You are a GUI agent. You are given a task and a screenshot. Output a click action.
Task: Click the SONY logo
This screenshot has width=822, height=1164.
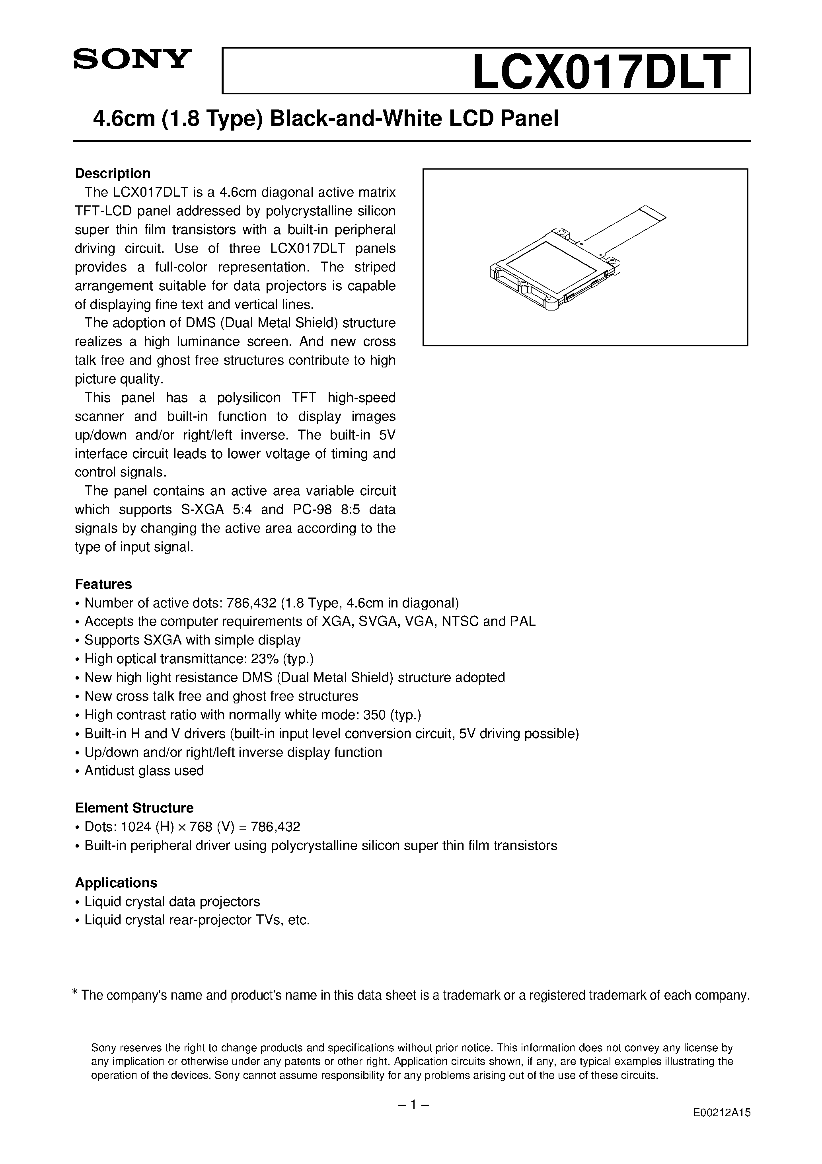tap(132, 59)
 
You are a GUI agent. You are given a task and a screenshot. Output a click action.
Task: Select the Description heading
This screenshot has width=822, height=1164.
tap(113, 174)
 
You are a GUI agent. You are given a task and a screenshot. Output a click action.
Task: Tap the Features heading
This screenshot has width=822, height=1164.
tap(103, 584)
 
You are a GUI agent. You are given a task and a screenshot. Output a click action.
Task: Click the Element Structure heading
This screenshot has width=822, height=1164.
tap(134, 808)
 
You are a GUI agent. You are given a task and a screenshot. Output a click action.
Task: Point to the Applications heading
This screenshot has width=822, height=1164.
tap(116, 883)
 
